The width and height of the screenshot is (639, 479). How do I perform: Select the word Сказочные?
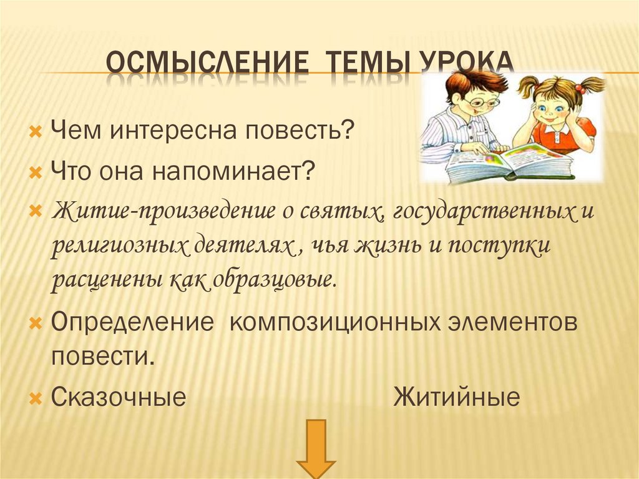(119, 397)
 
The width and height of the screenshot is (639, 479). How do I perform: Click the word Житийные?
(456, 397)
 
